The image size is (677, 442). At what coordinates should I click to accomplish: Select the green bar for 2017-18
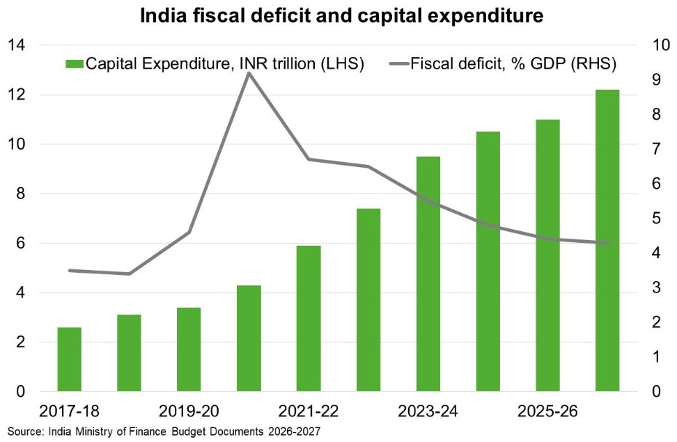tap(70, 360)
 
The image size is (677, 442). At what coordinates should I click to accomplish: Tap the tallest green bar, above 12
tap(608, 241)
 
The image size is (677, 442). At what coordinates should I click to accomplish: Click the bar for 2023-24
tap(428, 274)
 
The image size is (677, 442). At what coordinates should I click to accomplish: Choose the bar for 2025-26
tap(548, 255)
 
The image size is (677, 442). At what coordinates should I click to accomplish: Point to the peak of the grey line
tap(249, 73)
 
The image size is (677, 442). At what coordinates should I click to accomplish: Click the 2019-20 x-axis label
tap(189, 411)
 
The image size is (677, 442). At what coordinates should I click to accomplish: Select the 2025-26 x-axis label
tap(548, 411)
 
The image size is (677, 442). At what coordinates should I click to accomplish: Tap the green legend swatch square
tap(73, 63)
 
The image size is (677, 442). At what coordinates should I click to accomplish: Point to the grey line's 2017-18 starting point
tap(70, 271)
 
